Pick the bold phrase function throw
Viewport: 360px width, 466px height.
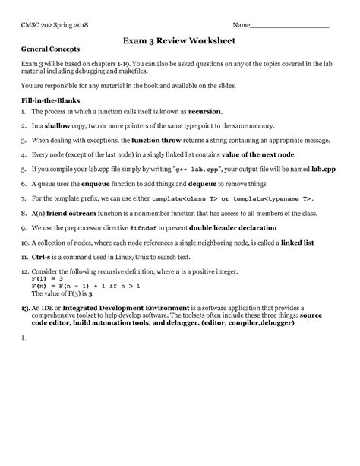[162, 141]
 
